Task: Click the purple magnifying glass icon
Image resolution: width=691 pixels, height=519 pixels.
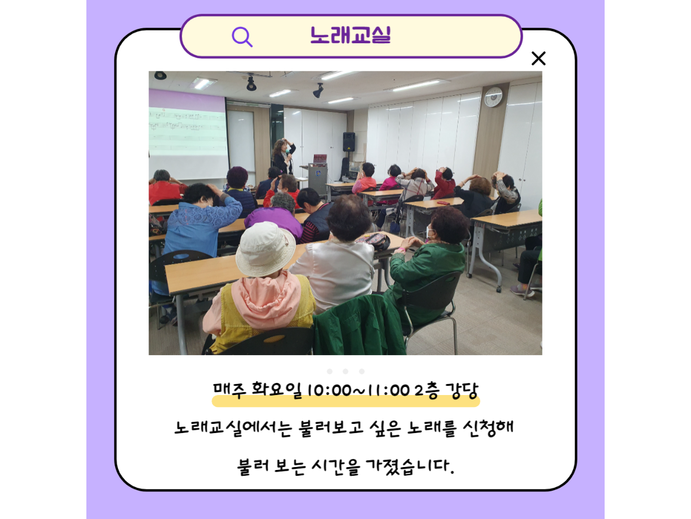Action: pos(241,37)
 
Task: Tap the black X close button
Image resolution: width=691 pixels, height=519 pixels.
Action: pos(538,58)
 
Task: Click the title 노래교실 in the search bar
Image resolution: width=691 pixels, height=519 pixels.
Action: pos(350,35)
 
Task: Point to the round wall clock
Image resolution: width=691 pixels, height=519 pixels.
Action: pos(493,97)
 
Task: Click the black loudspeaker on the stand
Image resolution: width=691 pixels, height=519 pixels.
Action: pos(349,142)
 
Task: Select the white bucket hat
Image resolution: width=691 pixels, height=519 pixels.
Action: pos(265,249)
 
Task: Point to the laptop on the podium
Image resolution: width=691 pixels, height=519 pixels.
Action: pos(320,159)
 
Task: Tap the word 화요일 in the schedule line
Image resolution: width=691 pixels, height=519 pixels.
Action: pos(276,390)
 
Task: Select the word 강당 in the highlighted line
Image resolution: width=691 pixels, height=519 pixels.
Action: pos(462,390)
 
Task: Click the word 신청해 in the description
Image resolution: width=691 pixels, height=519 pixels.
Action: pos(488,428)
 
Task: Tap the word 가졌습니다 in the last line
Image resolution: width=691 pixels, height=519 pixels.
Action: pos(410,466)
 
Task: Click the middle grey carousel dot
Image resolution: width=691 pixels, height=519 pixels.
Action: pos(345,371)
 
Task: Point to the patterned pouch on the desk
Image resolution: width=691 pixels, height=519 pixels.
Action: pos(373,241)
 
